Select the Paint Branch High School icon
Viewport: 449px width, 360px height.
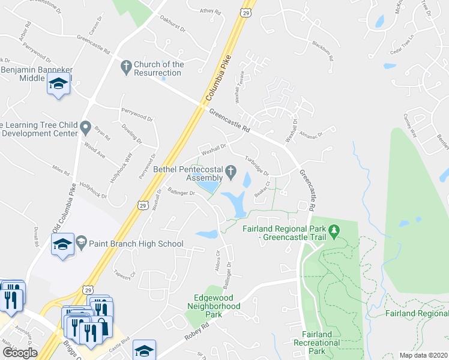point(62,245)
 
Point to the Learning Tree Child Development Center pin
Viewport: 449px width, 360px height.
point(86,127)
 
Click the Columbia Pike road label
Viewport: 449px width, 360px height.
point(217,85)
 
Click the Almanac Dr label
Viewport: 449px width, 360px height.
point(312,135)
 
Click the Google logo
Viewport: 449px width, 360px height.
point(20,352)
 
